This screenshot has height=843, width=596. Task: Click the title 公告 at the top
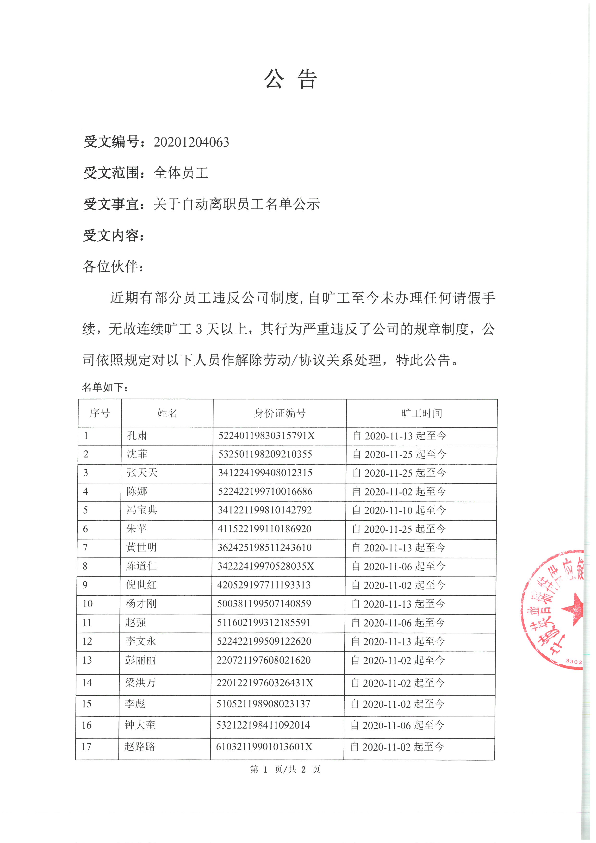pyautogui.click(x=290, y=79)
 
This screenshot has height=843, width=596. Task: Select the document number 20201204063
pyautogui.click(x=191, y=142)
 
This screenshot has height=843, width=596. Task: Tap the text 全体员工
pyautogui.click(x=181, y=173)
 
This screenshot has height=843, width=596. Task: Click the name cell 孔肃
pyautogui.click(x=137, y=436)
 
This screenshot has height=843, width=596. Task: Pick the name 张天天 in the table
pyautogui.click(x=142, y=473)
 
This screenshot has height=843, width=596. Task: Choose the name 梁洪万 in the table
pyautogui.click(x=140, y=683)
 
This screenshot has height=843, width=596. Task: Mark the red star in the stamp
pyautogui.click(x=573, y=610)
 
